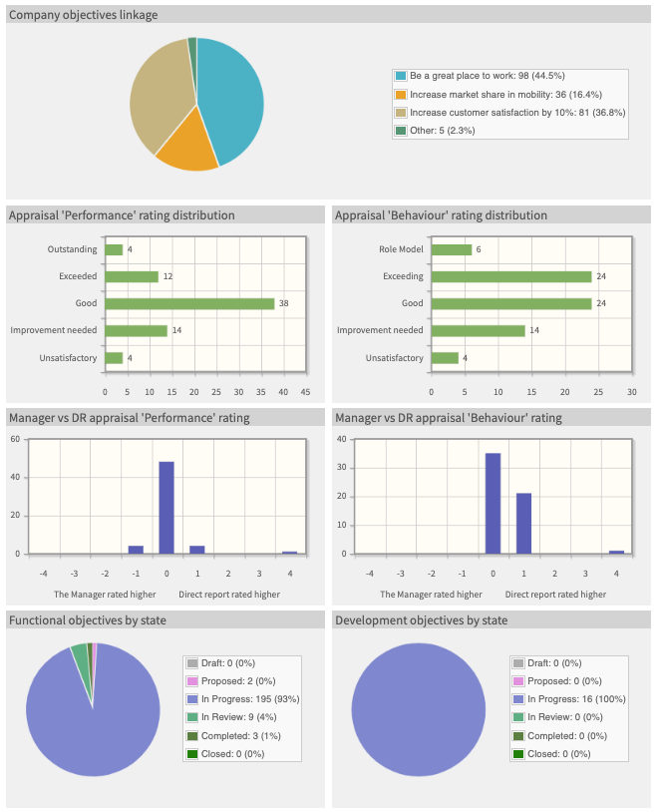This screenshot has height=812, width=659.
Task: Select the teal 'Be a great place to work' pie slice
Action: [231, 100]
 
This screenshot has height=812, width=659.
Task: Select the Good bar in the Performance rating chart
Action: [189, 303]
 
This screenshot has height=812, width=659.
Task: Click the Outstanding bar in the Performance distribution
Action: [114, 249]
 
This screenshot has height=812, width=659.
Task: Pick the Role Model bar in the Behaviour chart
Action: [452, 249]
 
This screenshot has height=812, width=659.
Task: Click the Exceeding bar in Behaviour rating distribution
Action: [510, 276]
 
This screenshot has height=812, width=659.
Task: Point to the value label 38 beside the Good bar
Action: [283, 303]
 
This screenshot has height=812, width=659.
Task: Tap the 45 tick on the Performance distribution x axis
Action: [305, 391]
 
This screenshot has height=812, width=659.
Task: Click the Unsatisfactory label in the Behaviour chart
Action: [394, 358]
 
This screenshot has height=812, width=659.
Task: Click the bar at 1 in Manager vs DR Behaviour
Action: [523, 523]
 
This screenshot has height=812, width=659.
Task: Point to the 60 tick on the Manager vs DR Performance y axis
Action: [15, 439]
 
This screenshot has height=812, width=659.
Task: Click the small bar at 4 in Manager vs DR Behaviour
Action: [616, 552]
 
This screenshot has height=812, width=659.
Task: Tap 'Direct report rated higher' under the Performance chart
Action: [229, 595]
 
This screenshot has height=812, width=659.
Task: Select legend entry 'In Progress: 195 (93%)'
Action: [248, 698]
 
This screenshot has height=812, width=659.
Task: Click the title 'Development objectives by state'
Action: [421, 620]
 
